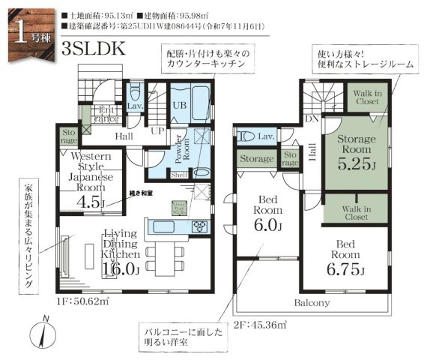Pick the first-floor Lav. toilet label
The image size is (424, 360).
click(136, 107)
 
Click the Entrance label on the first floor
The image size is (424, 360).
click(105, 115)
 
